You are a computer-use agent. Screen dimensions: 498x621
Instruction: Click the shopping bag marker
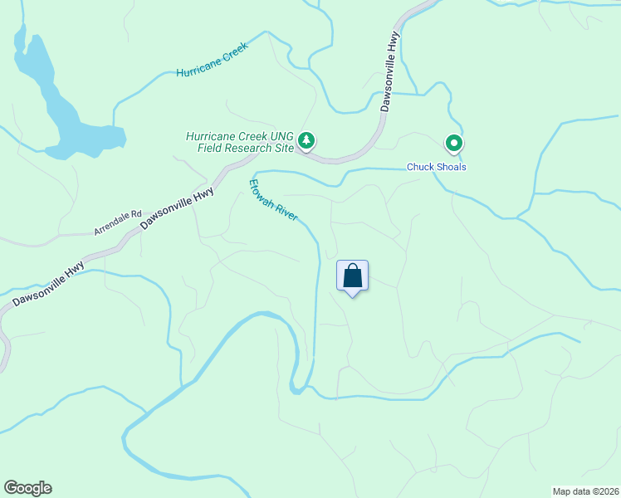352,276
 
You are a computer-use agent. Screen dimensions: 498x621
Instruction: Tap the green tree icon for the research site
307,141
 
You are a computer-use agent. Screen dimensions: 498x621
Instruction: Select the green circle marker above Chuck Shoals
454,144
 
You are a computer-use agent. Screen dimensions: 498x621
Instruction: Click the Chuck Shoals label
436,167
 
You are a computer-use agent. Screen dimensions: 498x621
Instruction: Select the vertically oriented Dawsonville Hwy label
390,71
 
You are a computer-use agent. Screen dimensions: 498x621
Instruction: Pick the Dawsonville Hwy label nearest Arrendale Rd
177,208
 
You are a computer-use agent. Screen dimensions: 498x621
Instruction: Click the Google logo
27,488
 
